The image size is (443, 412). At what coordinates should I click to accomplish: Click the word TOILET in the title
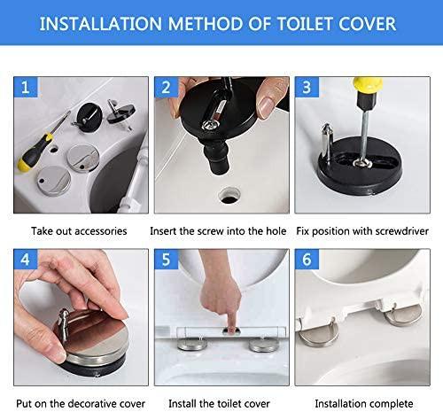[305, 24]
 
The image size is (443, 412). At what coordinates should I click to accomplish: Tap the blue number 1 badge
[26, 87]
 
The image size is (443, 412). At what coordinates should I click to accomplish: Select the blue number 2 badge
[167, 87]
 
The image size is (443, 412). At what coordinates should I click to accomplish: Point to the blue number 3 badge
[307, 87]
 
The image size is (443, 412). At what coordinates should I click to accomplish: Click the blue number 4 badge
[26, 260]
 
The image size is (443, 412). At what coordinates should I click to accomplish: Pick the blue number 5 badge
[167, 260]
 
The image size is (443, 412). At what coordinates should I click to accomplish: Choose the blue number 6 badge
[307, 260]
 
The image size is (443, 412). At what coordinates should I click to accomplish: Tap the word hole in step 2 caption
[276, 230]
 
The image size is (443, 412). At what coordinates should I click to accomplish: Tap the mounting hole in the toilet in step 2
[229, 196]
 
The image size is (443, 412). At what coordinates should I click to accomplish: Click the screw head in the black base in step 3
[362, 162]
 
